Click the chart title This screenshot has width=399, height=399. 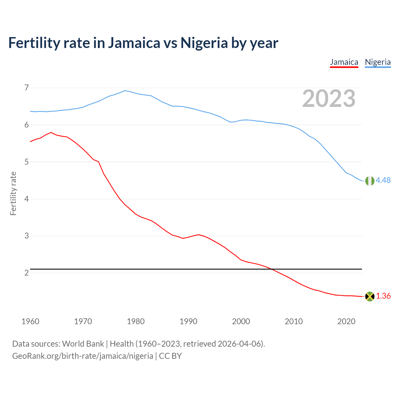pyautogui.click(x=143, y=43)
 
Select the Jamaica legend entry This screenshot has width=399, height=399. pyautogui.click(x=344, y=62)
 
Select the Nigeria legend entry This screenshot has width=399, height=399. pyautogui.click(x=378, y=62)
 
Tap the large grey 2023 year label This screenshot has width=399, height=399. pyautogui.click(x=329, y=99)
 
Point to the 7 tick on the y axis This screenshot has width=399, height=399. pyautogui.click(x=26, y=88)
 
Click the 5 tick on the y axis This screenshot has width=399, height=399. pyautogui.click(x=26, y=162)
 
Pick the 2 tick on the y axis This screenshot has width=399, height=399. pyautogui.click(x=26, y=273)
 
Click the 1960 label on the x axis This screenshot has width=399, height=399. pyautogui.click(x=30, y=321)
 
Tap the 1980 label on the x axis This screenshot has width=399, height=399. pyautogui.click(x=136, y=321)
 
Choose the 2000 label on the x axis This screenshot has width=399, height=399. pyautogui.click(x=241, y=321)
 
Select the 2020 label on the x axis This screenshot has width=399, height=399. pyautogui.click(x=346, y=321)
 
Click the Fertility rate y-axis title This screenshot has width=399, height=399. pyautogui.click(x=13, y=193)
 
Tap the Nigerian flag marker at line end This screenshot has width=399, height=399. pyautogui.click(x=370, y=181)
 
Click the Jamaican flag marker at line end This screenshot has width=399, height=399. pyautogui.click(x=370, y=296)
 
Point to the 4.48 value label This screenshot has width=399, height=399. pyautogui.click(x=383, y=180)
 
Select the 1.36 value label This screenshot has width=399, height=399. pyautogui.click(x=383, y=296)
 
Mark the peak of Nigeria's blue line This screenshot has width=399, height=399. pyautogui.click(x=125, y=91)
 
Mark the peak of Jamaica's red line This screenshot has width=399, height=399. pyautogui.click(x=51, y=132)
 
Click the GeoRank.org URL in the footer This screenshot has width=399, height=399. pyautogui.click(x=83, y=356)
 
